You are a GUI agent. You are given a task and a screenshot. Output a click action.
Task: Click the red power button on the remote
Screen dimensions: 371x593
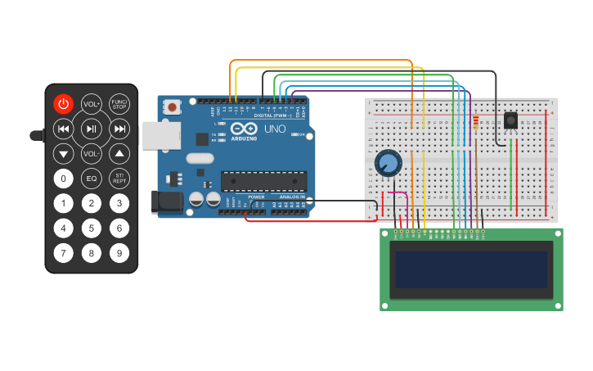[x=64, y=103]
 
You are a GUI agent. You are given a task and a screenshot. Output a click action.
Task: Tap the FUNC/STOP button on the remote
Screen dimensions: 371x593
[x=119, y=103]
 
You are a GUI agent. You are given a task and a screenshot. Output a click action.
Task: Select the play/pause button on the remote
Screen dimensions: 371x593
[x=92, y=129]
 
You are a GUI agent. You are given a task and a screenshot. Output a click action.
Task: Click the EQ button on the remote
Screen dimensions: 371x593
[x=92, y=179]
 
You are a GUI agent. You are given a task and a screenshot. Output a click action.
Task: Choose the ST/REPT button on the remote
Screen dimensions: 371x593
[x=119, y=179]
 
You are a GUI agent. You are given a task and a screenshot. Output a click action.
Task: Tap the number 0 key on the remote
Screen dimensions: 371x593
[x=64, y=179]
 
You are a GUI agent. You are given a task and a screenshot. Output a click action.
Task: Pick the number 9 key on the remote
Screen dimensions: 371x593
[x=119, y=253]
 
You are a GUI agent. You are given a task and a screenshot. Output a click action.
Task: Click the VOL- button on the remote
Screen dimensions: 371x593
[x=92, y=153]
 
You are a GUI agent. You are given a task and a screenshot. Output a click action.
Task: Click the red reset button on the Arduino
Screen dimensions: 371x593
[x=172, y=106]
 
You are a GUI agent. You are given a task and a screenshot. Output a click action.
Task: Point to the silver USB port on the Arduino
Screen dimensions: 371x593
[x=160, y=135]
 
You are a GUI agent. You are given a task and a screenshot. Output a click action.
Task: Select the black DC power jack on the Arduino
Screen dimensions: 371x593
[x=168, y=201]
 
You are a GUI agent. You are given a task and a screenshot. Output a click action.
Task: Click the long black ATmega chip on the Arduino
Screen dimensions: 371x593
[x=263, y=181]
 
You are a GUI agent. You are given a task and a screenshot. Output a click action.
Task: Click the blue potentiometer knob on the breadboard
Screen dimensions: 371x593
[x=389, y=164]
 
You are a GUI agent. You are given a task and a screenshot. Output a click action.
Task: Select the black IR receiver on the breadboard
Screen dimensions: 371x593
[x=511, y=120]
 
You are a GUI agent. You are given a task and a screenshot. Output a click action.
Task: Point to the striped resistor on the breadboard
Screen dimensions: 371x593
[x=476, y=122]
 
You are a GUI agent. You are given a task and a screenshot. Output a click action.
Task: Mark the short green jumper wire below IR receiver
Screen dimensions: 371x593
[x=512, y=172]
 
